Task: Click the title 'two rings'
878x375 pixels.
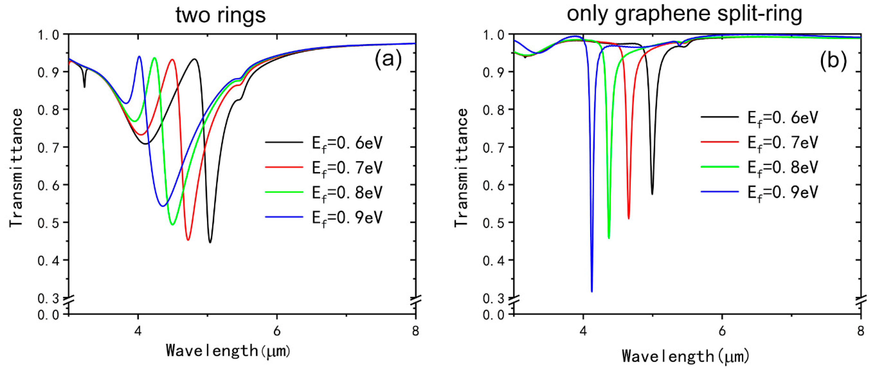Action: click(x=220, y=15)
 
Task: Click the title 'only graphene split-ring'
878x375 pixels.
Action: click(x=684, y=14)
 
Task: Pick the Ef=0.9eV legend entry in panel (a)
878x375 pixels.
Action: click(x=324, y=217)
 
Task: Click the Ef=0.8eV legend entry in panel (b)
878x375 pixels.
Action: click(x=759, y=167)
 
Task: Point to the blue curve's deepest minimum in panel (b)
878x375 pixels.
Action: click(x=592, y=291)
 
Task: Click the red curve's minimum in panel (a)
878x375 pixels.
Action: click(x=188, y=240)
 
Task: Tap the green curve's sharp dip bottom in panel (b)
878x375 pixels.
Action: click(x=609, y=238)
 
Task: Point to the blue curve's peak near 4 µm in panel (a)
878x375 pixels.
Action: click(x=139, y=57)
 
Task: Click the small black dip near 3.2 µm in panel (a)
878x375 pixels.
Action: click(x=85, y=87)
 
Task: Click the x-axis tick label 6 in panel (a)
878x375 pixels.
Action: click(x=277, y=331)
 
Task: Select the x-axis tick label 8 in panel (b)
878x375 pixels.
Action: click(x=861, y=331)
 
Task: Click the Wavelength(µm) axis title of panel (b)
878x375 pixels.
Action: click(x=686, y=357)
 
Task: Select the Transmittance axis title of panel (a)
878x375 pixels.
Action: click(x=16, y=167)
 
